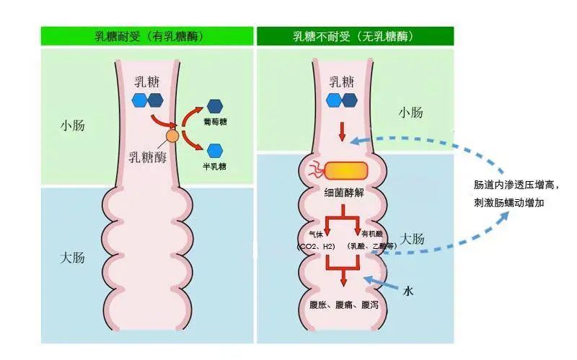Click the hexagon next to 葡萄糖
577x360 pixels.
click(214, 106)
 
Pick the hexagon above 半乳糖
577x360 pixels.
click(214, 150)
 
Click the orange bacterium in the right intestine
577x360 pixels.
click(345, 170)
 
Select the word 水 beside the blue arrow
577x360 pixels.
click(408, 291)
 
